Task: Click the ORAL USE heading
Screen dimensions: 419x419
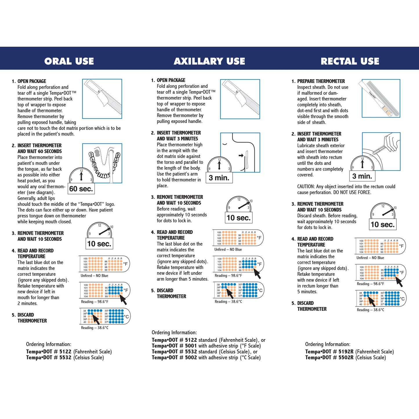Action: point(69,61)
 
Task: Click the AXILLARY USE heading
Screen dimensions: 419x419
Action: point(209,61)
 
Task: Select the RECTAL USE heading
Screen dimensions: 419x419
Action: point(350,61)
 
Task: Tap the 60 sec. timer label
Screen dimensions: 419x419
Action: point(81,189)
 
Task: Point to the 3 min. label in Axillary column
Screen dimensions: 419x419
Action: point(219,178)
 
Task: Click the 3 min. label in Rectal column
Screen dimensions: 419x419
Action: point(362,176)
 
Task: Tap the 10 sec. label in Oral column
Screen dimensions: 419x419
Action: point(99,244)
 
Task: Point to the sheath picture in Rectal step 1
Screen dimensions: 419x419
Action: point(381,98)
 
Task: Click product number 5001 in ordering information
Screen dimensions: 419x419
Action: point(191,346)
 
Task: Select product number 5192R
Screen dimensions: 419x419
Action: point(346,352)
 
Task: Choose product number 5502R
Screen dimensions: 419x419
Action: point(346,358)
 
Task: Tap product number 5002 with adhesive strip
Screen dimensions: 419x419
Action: point(191,358)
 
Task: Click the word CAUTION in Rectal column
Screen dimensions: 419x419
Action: point(306,187)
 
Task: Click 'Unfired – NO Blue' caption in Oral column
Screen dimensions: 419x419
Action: point(94,276)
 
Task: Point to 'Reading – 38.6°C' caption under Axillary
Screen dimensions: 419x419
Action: point(228,302)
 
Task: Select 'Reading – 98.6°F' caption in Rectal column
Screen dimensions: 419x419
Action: point(370,284)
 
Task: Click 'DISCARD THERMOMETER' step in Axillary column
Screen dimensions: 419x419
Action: point(171,293)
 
